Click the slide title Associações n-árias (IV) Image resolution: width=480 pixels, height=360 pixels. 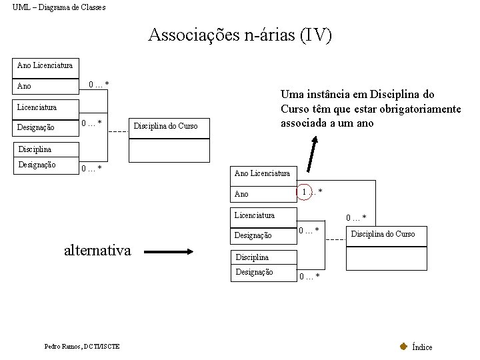(240, 35)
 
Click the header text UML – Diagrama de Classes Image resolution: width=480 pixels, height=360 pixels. (59, 7)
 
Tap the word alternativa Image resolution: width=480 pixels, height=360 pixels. (97, 251)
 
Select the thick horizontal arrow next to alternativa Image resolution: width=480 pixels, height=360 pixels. (169, 252)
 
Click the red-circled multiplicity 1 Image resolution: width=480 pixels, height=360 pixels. (305, 192)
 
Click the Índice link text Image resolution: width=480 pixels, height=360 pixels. (422, 347)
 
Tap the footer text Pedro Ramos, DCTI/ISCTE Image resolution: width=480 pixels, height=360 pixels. (82, 346)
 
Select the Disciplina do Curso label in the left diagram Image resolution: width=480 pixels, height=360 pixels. (166, 125)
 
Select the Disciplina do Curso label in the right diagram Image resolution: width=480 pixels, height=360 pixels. (383, 233)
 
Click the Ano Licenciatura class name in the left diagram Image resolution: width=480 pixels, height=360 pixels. (45, 65)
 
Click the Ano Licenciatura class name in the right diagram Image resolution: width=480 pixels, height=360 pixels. (262, 173)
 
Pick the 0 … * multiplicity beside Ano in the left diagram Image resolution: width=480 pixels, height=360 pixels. (99, 84)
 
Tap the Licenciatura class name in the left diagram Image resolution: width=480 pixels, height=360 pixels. (37, 107)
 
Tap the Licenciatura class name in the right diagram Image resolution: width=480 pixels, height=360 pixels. (254, 215)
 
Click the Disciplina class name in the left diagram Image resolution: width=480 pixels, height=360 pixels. (35, 149)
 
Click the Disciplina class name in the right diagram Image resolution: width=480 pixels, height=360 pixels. (251, 257)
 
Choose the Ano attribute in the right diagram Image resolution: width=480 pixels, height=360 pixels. (241, 194)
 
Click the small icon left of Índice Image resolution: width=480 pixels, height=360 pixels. (403, 346)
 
